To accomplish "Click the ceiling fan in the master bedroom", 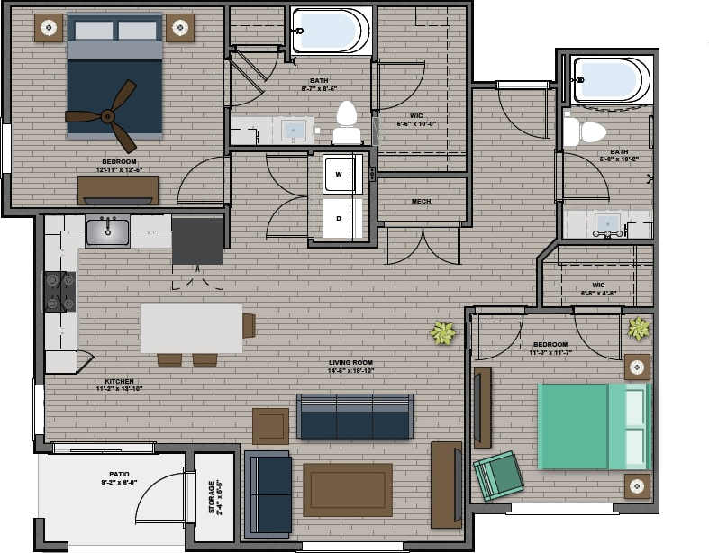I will [x=106, y=116].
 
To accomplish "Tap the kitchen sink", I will [x=107, y=232].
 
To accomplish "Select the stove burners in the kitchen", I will [x=60, y=292].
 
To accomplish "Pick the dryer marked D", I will [x=340, y=219].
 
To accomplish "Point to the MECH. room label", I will [x=422, y=201].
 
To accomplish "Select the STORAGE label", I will [x=213, y=496].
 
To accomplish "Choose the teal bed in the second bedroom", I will [x=592, y=427].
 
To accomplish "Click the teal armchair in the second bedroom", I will [x=498, y=476].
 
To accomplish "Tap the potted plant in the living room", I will [x=442, y=333].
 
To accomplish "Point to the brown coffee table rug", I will [x=347, y=490].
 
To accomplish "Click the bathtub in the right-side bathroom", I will [x=613, y=81].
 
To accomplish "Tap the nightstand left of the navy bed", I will [x=49, y=29].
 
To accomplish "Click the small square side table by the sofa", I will [x=270, y=425].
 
